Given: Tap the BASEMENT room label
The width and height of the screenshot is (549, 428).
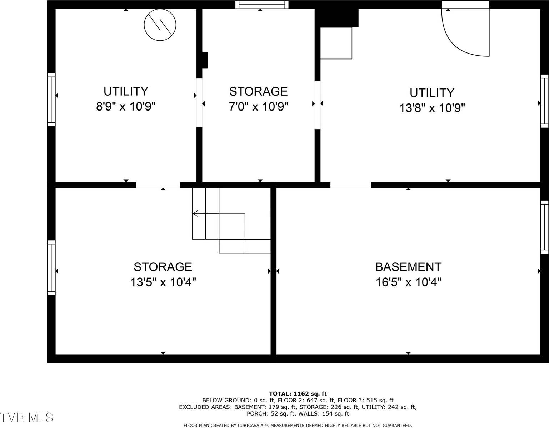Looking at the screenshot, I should [408, 267].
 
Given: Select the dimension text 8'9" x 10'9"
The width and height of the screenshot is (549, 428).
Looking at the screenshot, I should [126, 107].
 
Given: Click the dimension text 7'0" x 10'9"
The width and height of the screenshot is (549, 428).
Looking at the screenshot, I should [258, 107].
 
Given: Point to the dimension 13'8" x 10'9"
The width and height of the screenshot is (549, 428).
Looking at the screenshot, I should [432, 108].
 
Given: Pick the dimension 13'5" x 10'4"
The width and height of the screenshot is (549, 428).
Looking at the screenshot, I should [163, 282].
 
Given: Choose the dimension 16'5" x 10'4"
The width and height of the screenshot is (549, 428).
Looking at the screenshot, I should [408, 282].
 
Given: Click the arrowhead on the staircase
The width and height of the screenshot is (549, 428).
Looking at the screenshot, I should [195, 214].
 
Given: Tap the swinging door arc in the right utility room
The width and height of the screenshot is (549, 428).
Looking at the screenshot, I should [461, 39].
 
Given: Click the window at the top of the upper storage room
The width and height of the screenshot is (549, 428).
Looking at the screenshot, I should [262, 5].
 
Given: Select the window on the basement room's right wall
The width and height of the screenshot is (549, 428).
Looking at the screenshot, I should [544, 227].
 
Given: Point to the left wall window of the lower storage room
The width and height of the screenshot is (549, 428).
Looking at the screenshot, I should [51, 267].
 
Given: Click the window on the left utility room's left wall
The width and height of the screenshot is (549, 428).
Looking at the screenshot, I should [51, 100].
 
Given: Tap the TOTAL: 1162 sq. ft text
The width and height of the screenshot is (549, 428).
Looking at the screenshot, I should [298, 394].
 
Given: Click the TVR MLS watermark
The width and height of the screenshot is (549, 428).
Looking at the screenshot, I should [27, 417].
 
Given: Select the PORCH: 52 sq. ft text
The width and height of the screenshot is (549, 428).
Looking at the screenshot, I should [271, 414].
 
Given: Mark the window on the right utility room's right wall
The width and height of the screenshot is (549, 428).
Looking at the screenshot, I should [544, 101].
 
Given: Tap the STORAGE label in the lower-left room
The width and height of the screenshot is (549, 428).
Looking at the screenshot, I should [163, 267].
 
